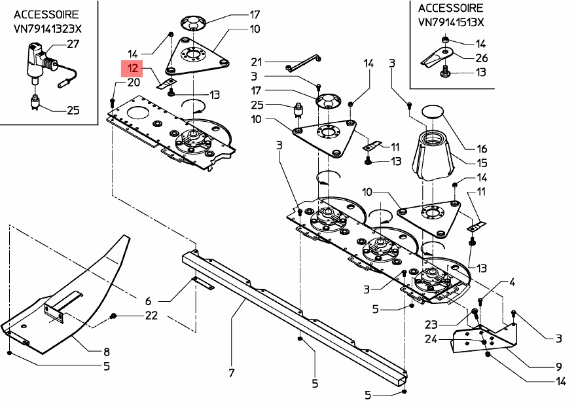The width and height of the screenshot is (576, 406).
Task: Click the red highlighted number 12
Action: [132, 67]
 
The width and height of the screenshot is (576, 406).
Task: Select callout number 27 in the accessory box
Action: [73, 45]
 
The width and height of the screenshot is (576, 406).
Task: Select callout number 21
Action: [256, 62]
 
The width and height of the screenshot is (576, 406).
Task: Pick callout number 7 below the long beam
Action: [231, 373]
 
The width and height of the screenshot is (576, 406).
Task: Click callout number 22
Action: [151, 316]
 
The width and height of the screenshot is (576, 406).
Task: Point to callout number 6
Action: [148, 301]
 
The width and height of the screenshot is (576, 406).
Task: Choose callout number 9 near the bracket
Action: [559, 367]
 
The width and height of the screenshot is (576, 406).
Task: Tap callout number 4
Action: [512, 282]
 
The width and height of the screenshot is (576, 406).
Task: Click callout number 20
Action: [134, 83]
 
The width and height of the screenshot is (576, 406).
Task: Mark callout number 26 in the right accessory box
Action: [481, 58]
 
